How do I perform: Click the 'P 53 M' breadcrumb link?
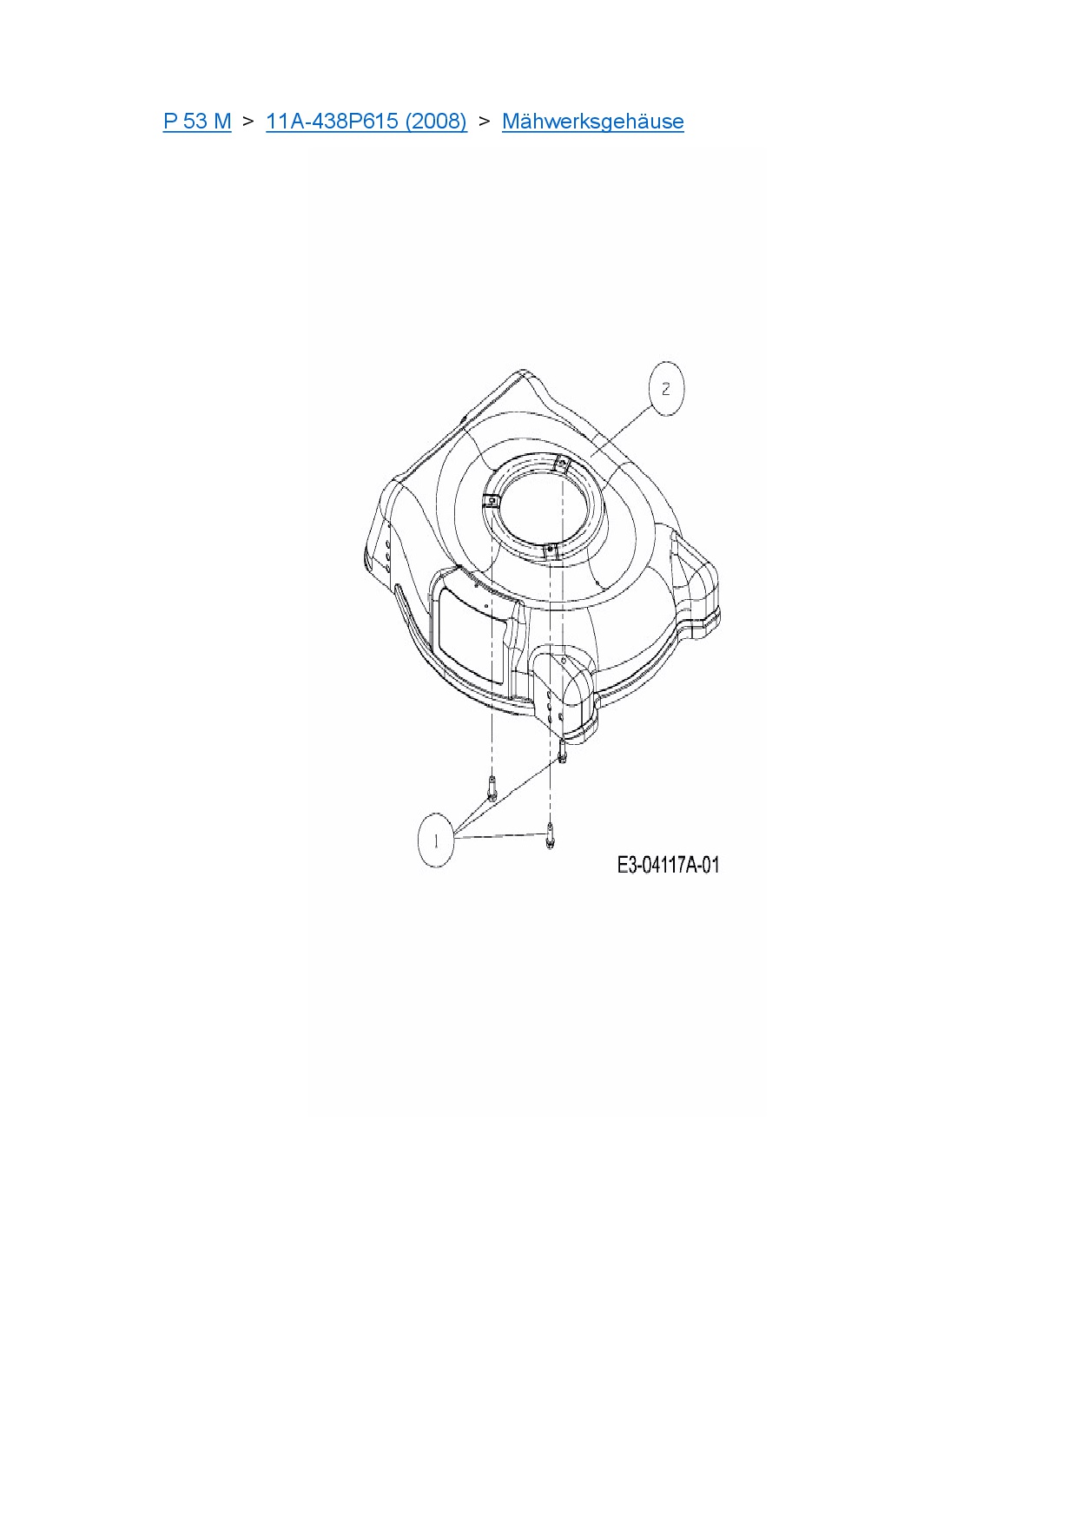click(197, 121)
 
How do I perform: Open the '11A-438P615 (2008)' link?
click(366, 121)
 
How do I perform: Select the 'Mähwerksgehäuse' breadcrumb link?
click(593, 121)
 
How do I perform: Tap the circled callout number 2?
click(666, 389)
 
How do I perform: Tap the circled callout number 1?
click(435, 840)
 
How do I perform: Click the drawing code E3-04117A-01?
click(668, 865)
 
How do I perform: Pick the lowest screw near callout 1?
click(550, 837)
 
